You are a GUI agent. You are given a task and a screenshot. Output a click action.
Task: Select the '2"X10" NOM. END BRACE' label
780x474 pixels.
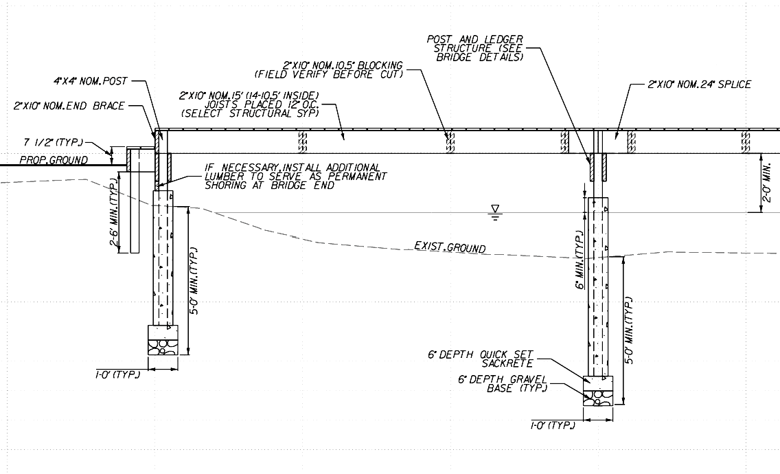(x=68, y=106)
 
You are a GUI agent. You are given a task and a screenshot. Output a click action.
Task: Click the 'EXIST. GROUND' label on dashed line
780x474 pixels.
(x=450, y=247)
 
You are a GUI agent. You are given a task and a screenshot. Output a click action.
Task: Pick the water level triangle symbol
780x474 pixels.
(x=494, y=208)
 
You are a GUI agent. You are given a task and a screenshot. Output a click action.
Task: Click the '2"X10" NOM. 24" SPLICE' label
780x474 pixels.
(x=699, y=84)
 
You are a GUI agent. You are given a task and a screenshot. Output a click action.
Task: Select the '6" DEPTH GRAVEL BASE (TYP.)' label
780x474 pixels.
(x=503, y=383)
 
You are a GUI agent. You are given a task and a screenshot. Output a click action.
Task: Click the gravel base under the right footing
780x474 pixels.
(x=599, y=397)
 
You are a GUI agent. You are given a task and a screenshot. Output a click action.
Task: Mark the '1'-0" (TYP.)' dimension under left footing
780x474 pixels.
(x=118, y=375)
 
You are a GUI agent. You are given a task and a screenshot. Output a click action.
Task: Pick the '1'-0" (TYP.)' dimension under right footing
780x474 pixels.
(x=552, y=426)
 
